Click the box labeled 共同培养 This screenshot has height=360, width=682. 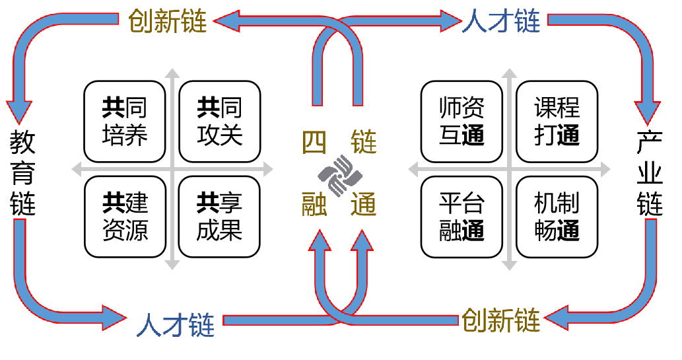coord(125,122)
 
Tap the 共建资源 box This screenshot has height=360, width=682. coord(125,217)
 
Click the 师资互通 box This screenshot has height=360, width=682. coord(461,122)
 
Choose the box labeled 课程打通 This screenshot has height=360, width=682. coord(557,122)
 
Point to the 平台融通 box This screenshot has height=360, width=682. coord(461,217)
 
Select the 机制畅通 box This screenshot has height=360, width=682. coord(557,217)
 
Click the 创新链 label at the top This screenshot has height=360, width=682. coord(168,21)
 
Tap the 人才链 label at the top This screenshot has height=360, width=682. coord(501,21)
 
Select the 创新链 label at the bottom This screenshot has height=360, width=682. coord(501,320)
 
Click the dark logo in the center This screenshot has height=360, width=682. coord(339,176)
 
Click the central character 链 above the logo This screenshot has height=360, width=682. coord(364,142)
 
